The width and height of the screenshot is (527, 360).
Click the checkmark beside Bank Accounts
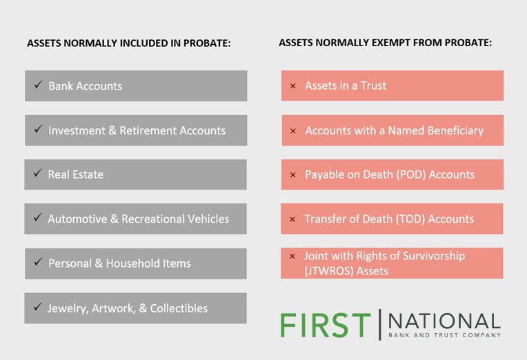tap(39, 84)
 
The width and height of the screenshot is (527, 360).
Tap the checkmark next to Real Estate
tap(38, 173)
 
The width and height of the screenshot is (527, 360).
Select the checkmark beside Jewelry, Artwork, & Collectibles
tap(38, 307)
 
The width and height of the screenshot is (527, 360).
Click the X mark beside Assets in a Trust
tap(292, 86)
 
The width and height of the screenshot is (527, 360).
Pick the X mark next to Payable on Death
tap(292, 174)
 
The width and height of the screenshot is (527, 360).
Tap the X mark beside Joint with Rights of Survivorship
tap(292, 256)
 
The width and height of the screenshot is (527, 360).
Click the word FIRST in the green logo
tap(326, 325)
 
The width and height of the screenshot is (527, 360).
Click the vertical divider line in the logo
tap(380, 325)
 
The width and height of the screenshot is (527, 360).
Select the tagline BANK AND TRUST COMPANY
tap(445, 335)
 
